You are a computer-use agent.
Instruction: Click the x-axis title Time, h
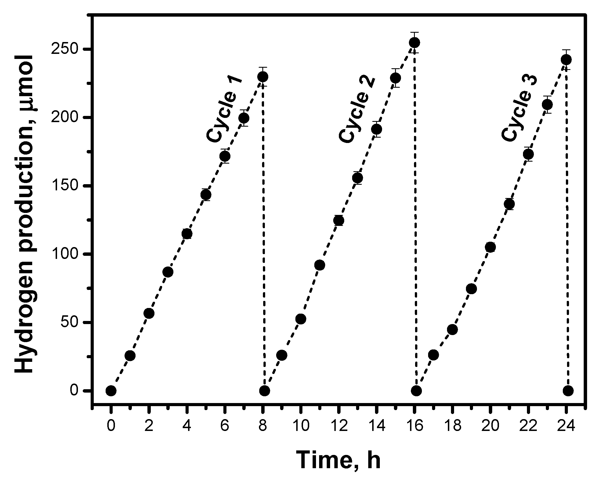tap(339, 459)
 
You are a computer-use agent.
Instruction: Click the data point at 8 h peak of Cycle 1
tap(263, 76)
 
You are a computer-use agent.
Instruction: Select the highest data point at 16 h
tap(415, 43)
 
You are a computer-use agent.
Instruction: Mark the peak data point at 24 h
tap(566, 60)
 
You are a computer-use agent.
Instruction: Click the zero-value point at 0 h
tap(111, 391)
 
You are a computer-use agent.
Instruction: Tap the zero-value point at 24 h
tap(568, 391)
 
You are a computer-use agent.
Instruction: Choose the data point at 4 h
tap(187, 234)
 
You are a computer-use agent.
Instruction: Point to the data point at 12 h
tap(339, 220)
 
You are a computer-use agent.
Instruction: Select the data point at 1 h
tap(130, 356)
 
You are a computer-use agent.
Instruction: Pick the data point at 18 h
tap(452, 329)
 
